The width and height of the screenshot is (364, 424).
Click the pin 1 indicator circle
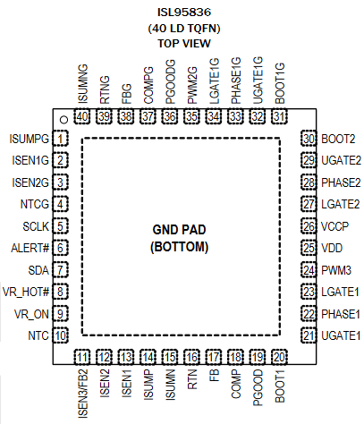coord(64,120)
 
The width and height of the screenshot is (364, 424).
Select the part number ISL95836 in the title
coord(184,13)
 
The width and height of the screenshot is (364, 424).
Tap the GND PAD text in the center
coord(179,230)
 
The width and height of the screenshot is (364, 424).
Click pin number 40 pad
coord(82,116)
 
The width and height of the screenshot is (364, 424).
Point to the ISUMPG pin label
coord(29,139)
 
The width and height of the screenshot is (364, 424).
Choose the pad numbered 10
coord(61,335)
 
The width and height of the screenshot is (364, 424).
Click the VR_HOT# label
coord(26,292)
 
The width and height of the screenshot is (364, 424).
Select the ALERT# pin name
coord(30,248)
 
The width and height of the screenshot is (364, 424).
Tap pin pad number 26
coord(309,226)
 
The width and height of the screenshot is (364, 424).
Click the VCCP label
coord(334,226)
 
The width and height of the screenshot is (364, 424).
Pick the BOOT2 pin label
coord(338,139)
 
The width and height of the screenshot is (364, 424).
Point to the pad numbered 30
coord(309,139)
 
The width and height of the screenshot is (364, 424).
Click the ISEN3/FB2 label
coord(82,394)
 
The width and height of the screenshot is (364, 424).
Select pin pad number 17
coord(214,357)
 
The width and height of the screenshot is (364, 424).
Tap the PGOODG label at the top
coord(170,81)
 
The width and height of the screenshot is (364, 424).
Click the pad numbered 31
coord(279,116)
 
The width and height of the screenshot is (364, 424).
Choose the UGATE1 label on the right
coord(341,335)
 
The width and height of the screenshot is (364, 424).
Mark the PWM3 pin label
coord(336,270)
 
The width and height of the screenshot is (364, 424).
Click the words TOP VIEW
coord(184,44)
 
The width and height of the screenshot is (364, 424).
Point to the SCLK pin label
coord(36,226)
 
